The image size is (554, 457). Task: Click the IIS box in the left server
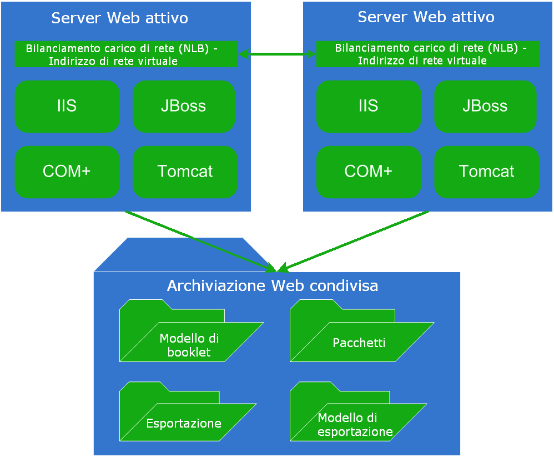[67, 107]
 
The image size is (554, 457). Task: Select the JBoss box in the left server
[184, 107]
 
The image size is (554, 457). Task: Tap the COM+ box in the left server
[67, 172]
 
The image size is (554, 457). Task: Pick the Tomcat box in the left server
[185, 172]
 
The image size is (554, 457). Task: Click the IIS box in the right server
[369, 107]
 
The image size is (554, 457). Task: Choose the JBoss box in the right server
[485, 107]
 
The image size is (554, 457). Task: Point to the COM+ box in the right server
[369, 172]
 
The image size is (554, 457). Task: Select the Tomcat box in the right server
[487, 172]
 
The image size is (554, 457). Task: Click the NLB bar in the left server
[125, 54]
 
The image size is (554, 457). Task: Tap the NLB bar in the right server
[427, 54]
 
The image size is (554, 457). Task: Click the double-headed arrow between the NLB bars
[276, 54]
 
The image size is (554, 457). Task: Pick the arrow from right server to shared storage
[355, 241]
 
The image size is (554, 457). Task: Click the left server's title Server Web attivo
[120, 18]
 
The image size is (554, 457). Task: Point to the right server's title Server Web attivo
[426, 17]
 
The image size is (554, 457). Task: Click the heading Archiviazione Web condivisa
[273, 287]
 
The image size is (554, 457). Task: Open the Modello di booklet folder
[189, 344]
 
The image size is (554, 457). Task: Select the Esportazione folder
[184, 424]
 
